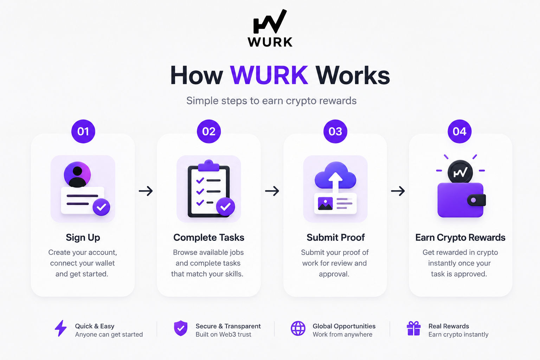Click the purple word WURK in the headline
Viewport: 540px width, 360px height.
269,75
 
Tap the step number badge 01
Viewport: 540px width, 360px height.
83,131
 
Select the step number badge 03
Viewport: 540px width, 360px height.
335,131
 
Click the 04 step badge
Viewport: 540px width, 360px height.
459,131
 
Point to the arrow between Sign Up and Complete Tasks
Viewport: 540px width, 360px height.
146,191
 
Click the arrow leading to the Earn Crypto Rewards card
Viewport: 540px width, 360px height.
398,191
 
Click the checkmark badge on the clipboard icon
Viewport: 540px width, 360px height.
225,207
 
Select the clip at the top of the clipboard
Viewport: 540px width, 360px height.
208,166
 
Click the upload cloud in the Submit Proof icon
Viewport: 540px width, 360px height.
335,175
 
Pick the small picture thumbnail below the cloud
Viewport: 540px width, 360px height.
325,203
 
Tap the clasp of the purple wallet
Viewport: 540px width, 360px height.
476,200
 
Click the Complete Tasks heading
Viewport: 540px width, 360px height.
209,238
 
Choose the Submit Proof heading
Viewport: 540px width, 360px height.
336,238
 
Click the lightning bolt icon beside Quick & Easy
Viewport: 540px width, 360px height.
60,328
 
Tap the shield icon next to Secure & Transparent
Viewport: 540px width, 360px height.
181,328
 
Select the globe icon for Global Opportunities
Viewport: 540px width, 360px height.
298,328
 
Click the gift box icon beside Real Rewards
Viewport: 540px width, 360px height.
414,328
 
